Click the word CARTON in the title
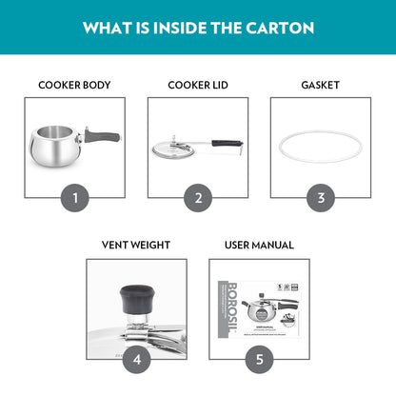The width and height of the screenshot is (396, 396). (280, 28)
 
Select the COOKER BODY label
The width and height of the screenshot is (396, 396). (74, 85)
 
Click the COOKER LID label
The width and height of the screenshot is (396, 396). (197, 85)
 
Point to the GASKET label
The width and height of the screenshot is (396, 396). (320, 85)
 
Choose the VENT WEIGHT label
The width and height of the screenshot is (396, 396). (135, 245)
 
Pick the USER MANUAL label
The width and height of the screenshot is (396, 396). (259, 245)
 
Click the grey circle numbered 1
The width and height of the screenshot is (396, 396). (74, 198)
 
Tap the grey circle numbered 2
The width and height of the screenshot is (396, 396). (198, 198)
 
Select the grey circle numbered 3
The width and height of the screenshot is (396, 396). (321, 198)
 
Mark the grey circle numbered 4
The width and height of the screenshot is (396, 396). (136, 359)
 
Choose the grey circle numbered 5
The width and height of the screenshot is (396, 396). (259, 359)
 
